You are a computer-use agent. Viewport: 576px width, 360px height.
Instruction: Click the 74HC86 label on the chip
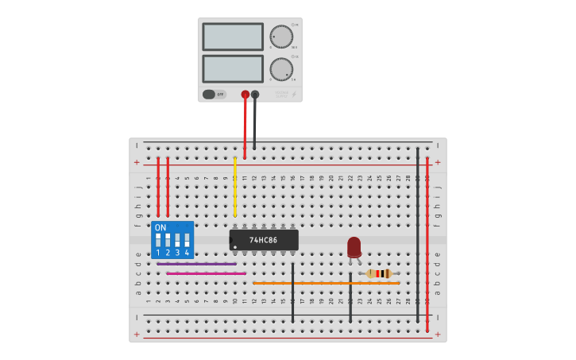(x=263, y=240)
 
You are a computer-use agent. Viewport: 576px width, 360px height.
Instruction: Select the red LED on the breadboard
(x=354, y=247)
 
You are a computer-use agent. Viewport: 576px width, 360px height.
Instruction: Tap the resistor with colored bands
(x=379, y=273)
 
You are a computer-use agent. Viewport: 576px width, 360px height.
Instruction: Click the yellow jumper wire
(x=234, y=187)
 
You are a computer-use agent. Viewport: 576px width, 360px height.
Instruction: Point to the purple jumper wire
(x=196, y=264)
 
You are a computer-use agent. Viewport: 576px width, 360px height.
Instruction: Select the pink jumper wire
(x=206, y=273)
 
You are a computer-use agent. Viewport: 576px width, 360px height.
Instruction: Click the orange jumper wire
(x=326, y=283)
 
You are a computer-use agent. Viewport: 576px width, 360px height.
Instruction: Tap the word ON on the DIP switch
(x=160, y=228)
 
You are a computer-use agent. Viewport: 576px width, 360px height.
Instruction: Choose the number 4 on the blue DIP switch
(x=187, y=253)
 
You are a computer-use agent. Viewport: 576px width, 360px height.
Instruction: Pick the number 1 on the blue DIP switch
(x=158, y=253)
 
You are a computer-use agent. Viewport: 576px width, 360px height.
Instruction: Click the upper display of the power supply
(x=233, y=37)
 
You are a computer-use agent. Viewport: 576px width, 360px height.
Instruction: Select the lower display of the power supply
(x=233, y=68)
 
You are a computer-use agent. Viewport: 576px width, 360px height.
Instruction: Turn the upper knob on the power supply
(x=280, y=37)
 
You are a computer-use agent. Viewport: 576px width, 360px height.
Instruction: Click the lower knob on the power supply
(x=280, y=69)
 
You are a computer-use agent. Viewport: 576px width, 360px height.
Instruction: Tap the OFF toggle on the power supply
(x=214, y=95)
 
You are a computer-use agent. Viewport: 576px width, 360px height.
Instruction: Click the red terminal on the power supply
(x=245, y=95)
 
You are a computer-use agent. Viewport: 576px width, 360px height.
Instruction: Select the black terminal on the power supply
(x=255, y=95)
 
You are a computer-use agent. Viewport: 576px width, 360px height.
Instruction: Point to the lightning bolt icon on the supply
(x=294, y=95)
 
